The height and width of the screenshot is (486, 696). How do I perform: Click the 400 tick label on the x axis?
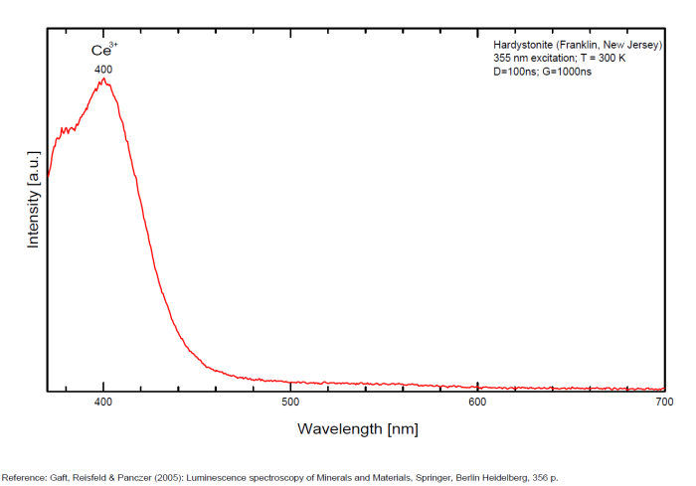pos(103,403)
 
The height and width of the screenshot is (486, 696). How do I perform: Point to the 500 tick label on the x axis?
pos(290,403)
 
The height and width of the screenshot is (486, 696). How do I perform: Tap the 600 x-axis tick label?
pos(477,403)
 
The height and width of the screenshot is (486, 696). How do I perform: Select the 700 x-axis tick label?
pos(664,403)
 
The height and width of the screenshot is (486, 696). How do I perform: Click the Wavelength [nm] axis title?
pos(357,429)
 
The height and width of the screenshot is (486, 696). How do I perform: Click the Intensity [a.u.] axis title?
pos(33,198)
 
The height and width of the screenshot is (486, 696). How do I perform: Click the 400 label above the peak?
pos(103,70)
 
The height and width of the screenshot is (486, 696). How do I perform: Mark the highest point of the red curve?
pos(103,79)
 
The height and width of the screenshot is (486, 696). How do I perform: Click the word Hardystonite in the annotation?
pos(523,45)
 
